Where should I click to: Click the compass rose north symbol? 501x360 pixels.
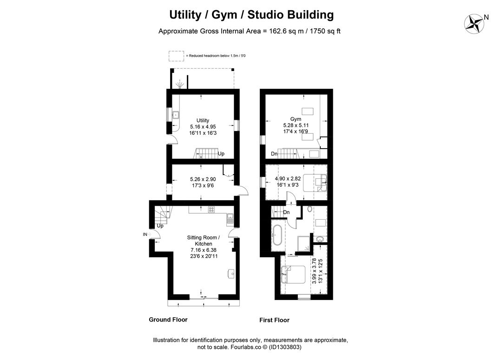coord(474,24)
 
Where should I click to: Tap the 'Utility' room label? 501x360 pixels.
coord(203,120)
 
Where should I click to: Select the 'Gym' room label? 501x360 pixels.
coord(296,119)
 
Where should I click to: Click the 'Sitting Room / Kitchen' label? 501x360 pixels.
coord(204,241)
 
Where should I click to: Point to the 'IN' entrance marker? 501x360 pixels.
coord(145,235)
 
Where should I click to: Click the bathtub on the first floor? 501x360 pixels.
coord(277,235)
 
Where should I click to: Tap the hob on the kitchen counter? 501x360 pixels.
coord(211,209)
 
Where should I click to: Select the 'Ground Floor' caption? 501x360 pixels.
coord(168,320)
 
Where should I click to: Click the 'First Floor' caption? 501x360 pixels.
coord(275,320)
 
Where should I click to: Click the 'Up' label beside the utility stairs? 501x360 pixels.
coord(221,154)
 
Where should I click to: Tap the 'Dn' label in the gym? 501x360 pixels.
coord(274,154)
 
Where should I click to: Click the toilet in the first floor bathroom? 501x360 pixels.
coord(310,209)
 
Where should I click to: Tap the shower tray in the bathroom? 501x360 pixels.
coord(303,243)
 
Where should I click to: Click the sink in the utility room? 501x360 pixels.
coord(175,115)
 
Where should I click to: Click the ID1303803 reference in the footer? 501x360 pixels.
coord(285,347)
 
